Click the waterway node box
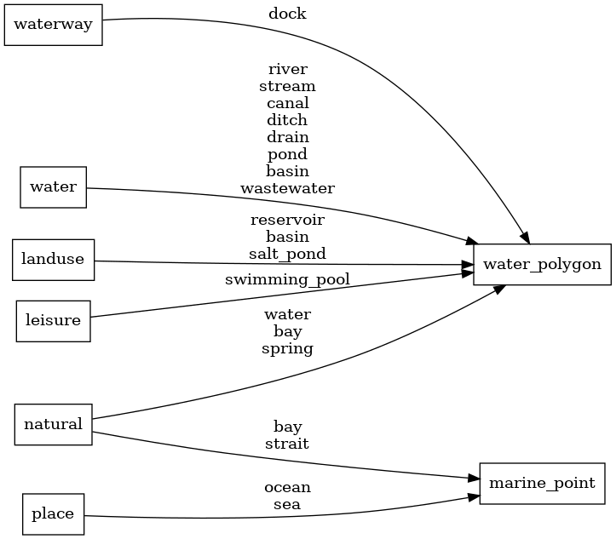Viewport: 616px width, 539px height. (x=54, y=25)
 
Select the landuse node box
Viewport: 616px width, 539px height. (x=53, y=260)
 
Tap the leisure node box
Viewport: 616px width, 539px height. (x=53, y=320)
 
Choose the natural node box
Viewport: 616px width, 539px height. (x=53, y=424)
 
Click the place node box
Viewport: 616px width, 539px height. (x=53, y=513)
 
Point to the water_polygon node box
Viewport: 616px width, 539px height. (x=542, y=264)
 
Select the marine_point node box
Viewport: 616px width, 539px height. (x=542, y=483)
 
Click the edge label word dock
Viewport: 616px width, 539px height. (x=287, y=14)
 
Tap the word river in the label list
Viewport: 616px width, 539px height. (x=287, y=69)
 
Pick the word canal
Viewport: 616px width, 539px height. (x=287, y=103)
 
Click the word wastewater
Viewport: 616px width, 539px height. (x=287, y=188)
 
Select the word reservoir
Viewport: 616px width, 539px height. (x=287, y=220)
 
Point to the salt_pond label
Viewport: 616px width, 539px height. (x=287, y=254)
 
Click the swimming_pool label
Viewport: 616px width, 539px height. (x=287, y=279)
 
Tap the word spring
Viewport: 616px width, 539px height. (x=287, y=348)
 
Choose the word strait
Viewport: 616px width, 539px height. (x=287, y=444)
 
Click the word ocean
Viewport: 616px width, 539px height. (x=287, y=488)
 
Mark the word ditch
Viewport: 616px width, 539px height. (x=287, y=120)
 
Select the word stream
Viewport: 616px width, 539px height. (x=287, y=86)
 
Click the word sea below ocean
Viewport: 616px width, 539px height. (x=287, y=505)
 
